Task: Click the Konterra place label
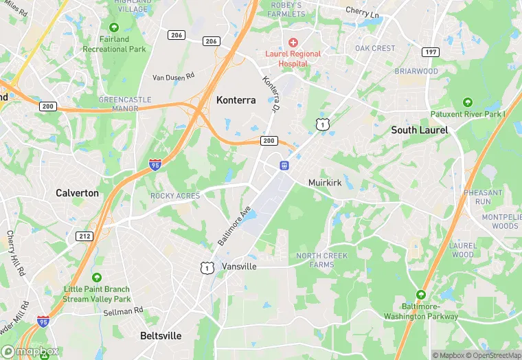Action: (236, 100)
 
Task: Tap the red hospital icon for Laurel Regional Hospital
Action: (293, 43)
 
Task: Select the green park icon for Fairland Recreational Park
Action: (114, 27)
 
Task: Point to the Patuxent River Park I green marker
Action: (467, 102)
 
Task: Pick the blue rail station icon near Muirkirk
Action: (284, 165)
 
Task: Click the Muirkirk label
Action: (325, 183)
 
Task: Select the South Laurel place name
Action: (419, 130)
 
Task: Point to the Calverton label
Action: (77, 193)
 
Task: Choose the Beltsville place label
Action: (161, 336)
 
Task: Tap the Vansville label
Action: (239, 266)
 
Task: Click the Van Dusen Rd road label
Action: (173, 77)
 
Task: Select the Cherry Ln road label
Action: (361, 11)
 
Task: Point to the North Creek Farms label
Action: (321, 260)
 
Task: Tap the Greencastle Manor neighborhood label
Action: (124, 104)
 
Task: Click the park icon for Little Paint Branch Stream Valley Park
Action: (96, 277)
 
